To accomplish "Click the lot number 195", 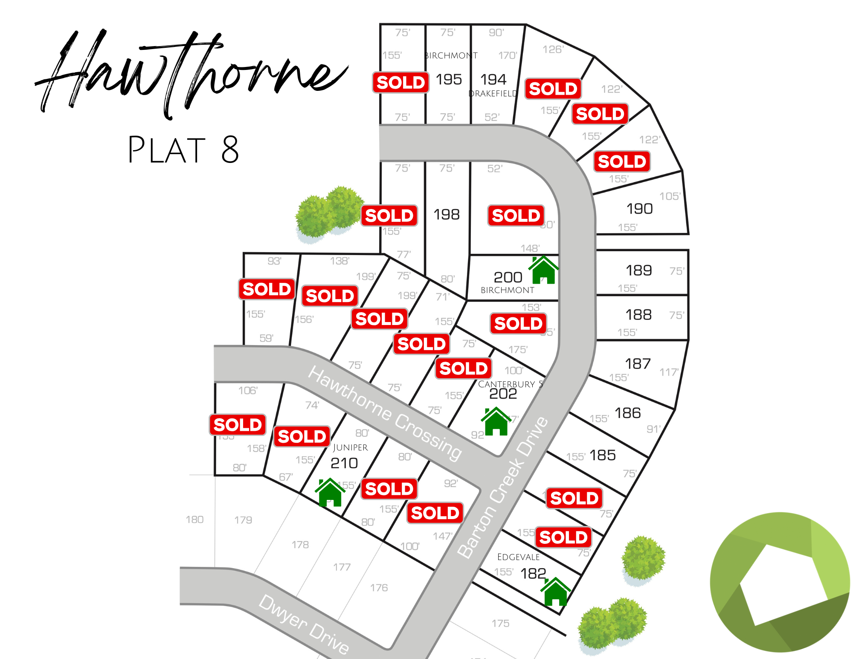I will click(449, 79).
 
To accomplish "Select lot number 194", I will click(493, 79).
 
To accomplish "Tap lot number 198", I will click(447, 214).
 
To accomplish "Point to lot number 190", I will click(639, 209).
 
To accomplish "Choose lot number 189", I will click(638, 270).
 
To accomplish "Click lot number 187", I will click(638, 363).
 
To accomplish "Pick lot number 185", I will click(603, 455).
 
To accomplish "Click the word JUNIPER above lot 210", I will click(350, 447).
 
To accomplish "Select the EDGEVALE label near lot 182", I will click(518, 557).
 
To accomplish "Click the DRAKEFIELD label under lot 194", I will click(493, 94).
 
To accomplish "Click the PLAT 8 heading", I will click(183, 150).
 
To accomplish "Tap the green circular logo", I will click(780, 582).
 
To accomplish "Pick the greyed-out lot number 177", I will click(342, 567).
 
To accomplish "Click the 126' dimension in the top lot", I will click(553, 49).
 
